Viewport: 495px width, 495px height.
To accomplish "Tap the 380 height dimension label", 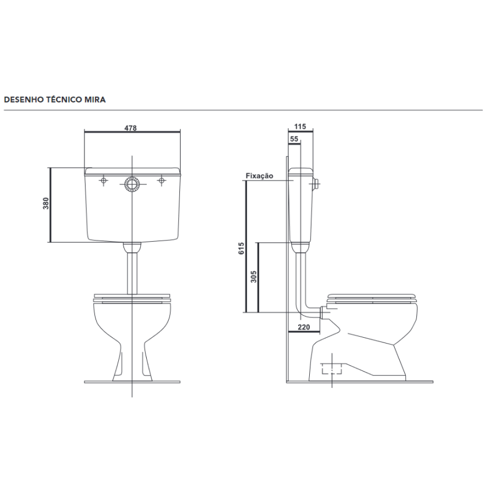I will click(46, 204).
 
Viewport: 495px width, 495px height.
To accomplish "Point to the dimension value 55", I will click(294, 139).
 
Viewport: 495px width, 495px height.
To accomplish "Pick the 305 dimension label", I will click(253, 276).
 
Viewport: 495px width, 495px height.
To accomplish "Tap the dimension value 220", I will click(303, 328).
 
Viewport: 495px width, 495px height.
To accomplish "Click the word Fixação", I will click(260, 176).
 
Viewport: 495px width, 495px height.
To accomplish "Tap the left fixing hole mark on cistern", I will click(104, 181).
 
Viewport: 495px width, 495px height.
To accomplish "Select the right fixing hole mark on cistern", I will click(161, 181).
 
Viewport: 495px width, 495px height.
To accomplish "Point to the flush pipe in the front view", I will click(133, 271).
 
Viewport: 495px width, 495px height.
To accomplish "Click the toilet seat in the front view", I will click(133, 298).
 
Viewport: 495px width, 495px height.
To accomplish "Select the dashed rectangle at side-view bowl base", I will click(333, 368).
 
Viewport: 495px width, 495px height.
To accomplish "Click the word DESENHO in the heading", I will click(22, 100).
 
